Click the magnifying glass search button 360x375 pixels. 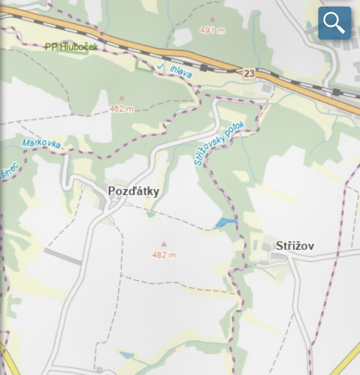coord(334,23)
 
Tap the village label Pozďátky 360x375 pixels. coord(133,191)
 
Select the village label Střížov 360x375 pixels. coord(295,246)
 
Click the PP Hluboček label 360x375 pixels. coord(71,46)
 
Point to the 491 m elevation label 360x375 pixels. coord(212,30)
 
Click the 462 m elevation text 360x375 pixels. coord(121,109)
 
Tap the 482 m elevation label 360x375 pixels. coord(164,255)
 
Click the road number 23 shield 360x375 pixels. coord(249,73)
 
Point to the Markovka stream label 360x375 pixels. coord(41,144)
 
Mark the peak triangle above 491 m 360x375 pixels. coord(212,19)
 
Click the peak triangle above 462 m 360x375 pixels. coord(121,98)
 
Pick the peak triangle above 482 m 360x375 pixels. coord(164,244)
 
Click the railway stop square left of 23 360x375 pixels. coord(204,67)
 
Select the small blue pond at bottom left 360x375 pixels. coord(126,355)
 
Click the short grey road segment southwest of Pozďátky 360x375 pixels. coord(63,256)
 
